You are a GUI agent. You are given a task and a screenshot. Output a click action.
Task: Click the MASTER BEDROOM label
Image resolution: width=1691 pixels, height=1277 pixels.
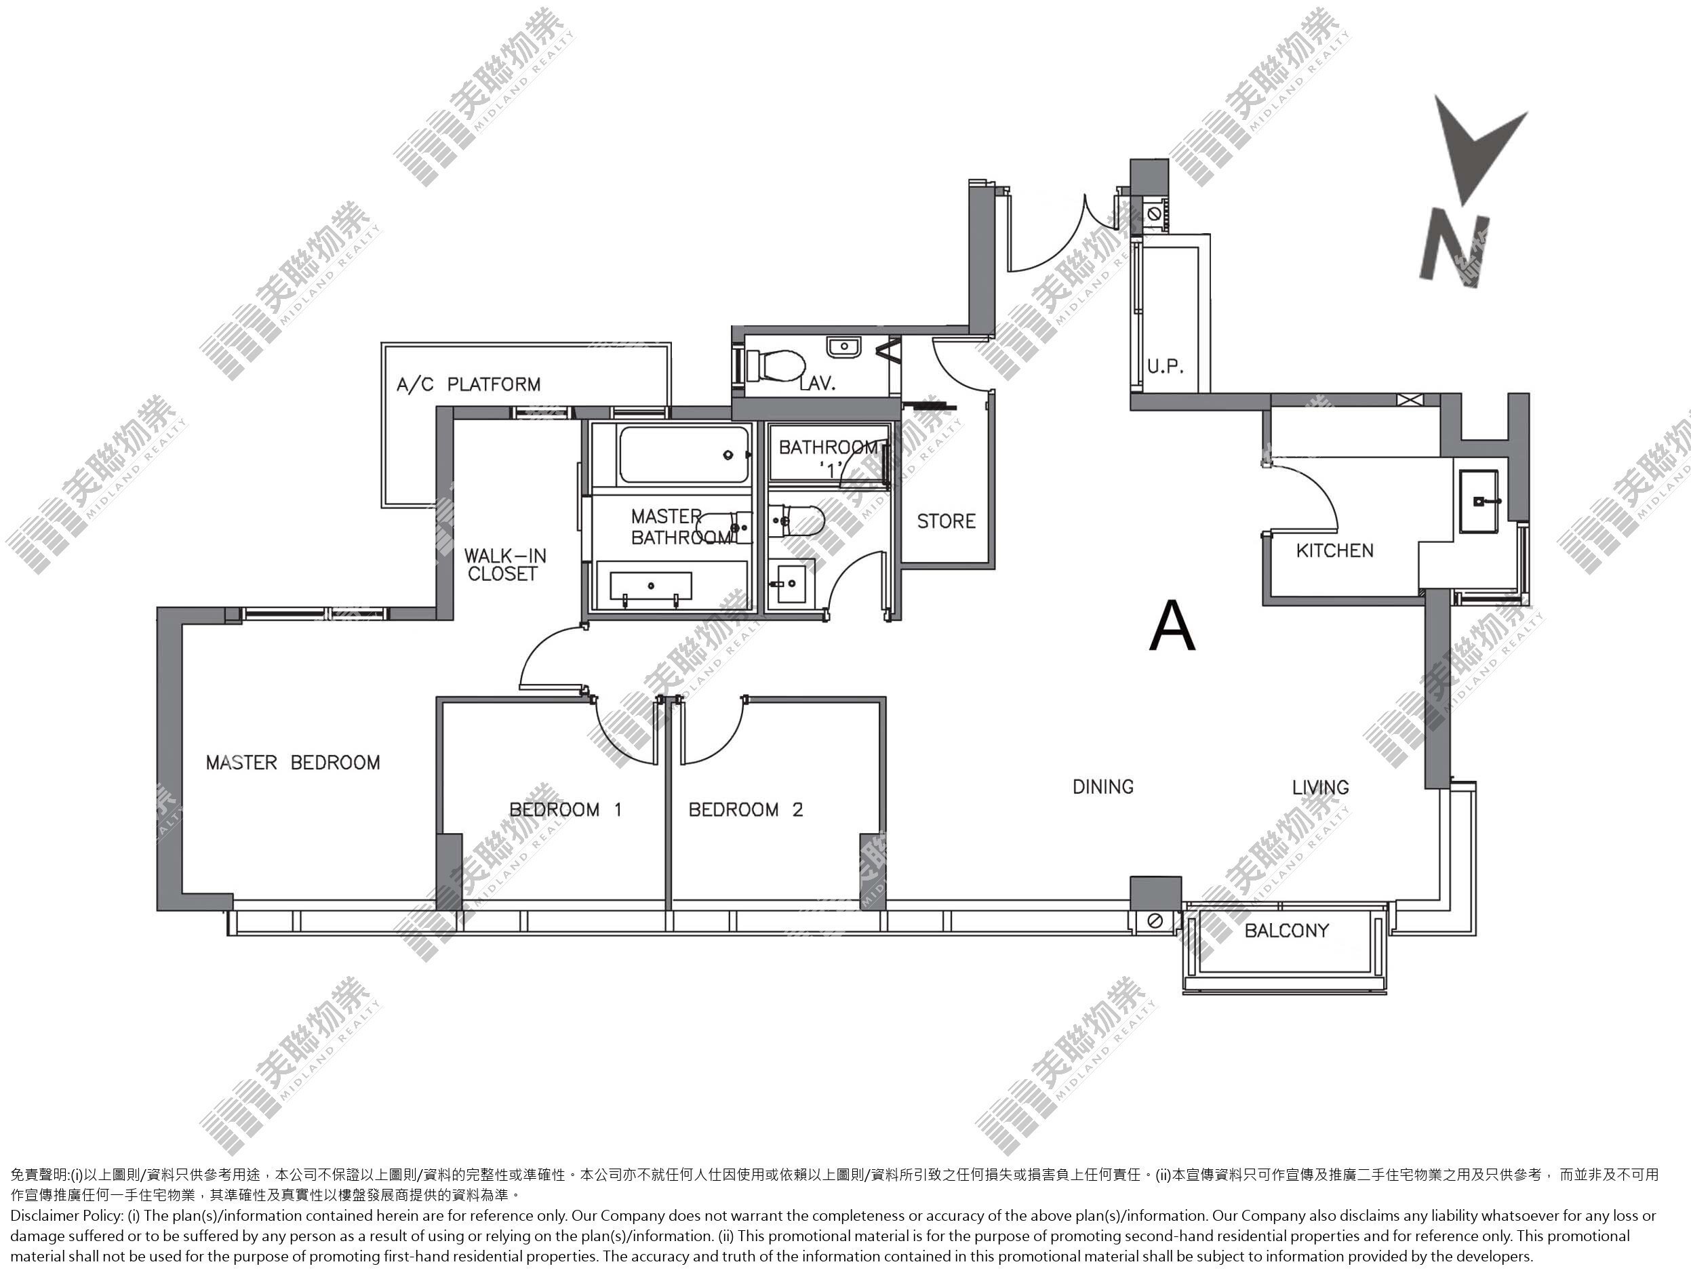pyautogui.click(x=293, y=763)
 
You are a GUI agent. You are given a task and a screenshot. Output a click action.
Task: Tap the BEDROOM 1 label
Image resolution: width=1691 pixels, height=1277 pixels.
pyautogui.click(x=565, y=809)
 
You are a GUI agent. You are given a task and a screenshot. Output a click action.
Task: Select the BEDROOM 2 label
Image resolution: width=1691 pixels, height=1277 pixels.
pyautogui.click(x=746, y=809)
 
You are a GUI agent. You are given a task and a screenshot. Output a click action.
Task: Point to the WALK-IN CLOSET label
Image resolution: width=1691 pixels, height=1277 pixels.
pyautogui.click(x=505, y=565)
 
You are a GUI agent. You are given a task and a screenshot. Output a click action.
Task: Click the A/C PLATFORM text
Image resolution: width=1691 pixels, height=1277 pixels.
pyautogui.click(x=469, y=384)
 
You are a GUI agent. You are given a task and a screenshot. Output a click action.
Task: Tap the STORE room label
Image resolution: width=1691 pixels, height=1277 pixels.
pyautogui.click(x=947, y=521)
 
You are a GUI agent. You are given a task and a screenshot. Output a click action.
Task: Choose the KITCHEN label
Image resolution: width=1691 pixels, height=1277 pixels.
pyautogui.click(x=1335, y=550)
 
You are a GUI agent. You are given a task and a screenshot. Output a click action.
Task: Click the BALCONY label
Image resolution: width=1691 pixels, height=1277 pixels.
pyautogui.click(x=1287, y=930)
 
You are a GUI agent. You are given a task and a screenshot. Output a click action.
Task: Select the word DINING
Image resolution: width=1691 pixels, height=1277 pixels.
pyautogui.click(x=1103, y=786)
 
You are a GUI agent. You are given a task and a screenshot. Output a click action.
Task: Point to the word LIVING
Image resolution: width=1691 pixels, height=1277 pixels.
pyautogui.click(x=1320, y=787)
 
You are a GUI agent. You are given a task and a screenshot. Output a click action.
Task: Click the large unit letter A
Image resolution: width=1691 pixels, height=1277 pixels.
pyautogui.click(x=1172, y=625)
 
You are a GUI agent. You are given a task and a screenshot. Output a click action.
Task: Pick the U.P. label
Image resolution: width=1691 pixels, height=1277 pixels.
pyautogui.click(x=1165, y=367)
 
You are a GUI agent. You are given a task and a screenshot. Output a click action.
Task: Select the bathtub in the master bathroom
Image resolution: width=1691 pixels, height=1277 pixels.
pyautogui.click(x=683, y=455)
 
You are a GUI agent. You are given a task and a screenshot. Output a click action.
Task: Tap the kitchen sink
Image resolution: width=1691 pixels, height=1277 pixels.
pyautogui.click(x=1480, y=502)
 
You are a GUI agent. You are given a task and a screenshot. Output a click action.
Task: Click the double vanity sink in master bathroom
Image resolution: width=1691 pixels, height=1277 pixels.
pyautogui.click(x=650, y=587)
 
